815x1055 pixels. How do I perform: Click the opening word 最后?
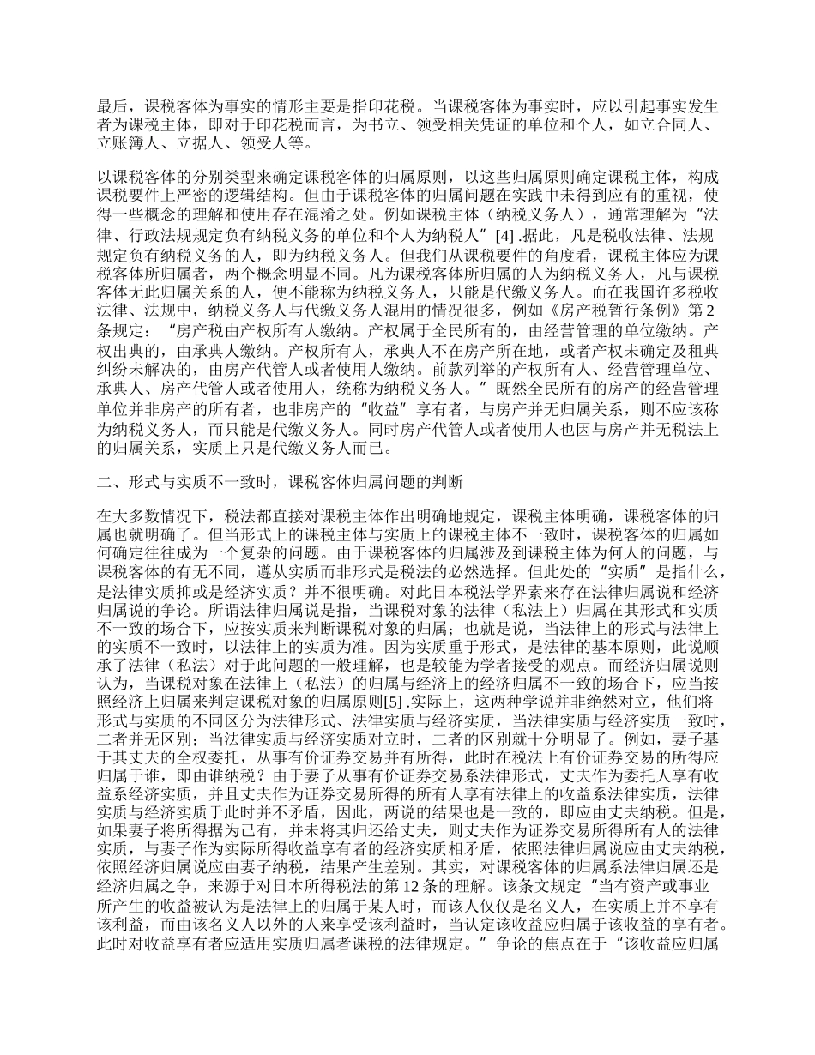[x=112, y=108]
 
